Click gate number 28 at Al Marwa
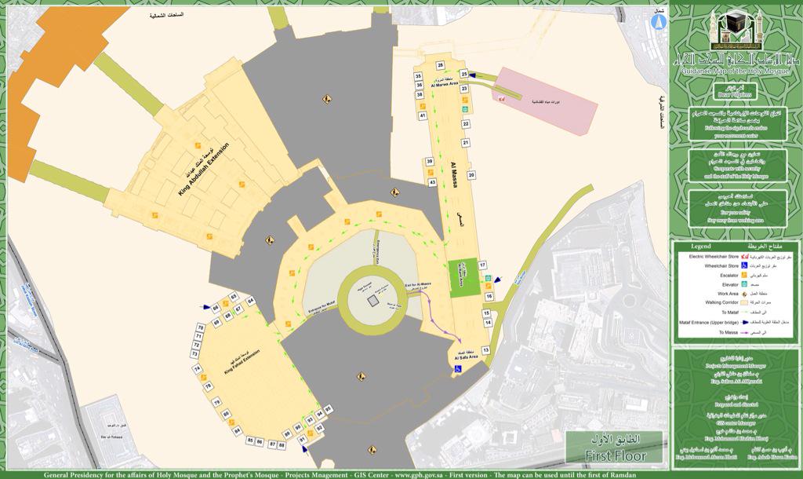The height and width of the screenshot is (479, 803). point(441,64)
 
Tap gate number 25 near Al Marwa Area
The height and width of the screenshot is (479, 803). point(463,74)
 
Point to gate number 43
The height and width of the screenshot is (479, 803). point(432,182)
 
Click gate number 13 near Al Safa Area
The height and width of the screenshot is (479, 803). point(485,349)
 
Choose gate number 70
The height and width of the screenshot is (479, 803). point(200,327)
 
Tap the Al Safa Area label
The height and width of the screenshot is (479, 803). point(463,354)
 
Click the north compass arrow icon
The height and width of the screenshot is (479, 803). point(657,23)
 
